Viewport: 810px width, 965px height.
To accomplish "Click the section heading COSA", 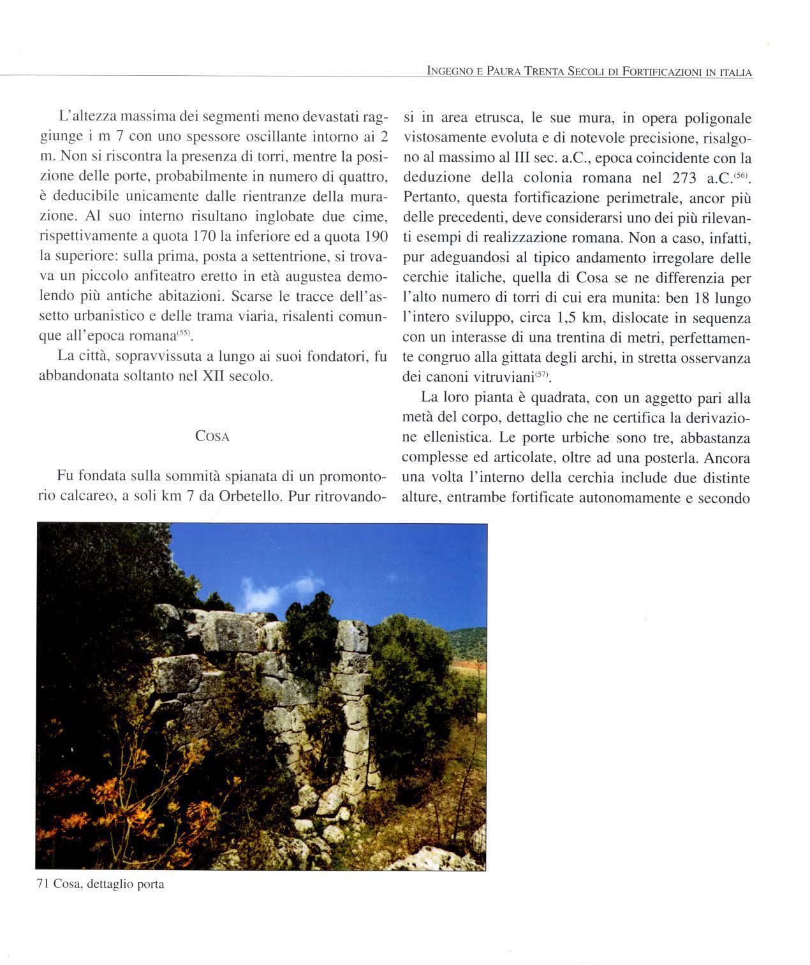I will (x=212, y=437).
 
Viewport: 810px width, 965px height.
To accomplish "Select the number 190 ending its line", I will (x=375, y=237).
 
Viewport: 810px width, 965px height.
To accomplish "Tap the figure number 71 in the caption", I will (x=43, y=884).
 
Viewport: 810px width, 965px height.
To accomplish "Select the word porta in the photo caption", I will (x=151, y=885).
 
